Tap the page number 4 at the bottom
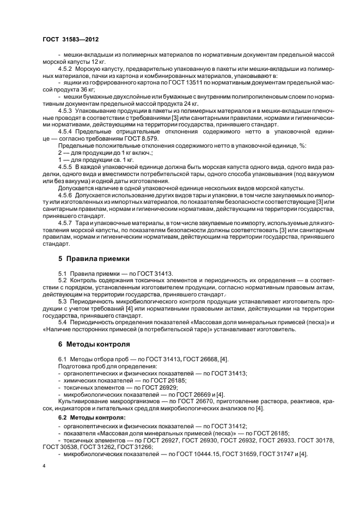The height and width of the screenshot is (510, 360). tap(44, 467)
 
